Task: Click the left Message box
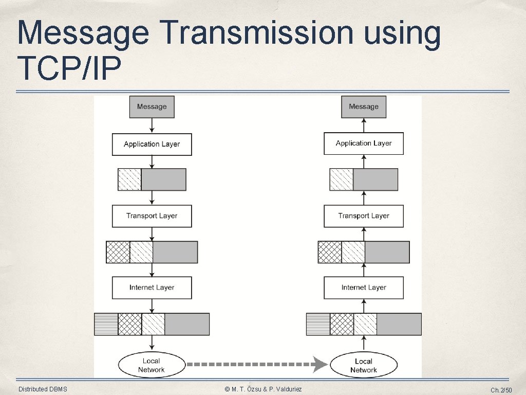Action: [152, 107]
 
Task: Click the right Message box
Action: [364, 107]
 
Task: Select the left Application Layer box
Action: [152, 144]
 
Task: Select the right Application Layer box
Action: [364, 143]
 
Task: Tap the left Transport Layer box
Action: [152, 216]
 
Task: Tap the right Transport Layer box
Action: [364, 216]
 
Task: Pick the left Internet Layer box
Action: [152, 288]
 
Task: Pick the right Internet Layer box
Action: [364, 288]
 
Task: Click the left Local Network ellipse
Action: [152, 365]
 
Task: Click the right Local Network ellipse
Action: [364, 365]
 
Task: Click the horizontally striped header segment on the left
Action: [106, 324]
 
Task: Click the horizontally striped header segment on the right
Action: [318, 324]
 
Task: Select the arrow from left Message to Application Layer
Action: [152, 125]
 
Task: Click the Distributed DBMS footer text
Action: [43, 389]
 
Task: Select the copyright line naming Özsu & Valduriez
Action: [264, 389]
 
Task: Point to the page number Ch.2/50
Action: [501, 390]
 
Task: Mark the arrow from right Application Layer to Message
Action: [364, 125]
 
